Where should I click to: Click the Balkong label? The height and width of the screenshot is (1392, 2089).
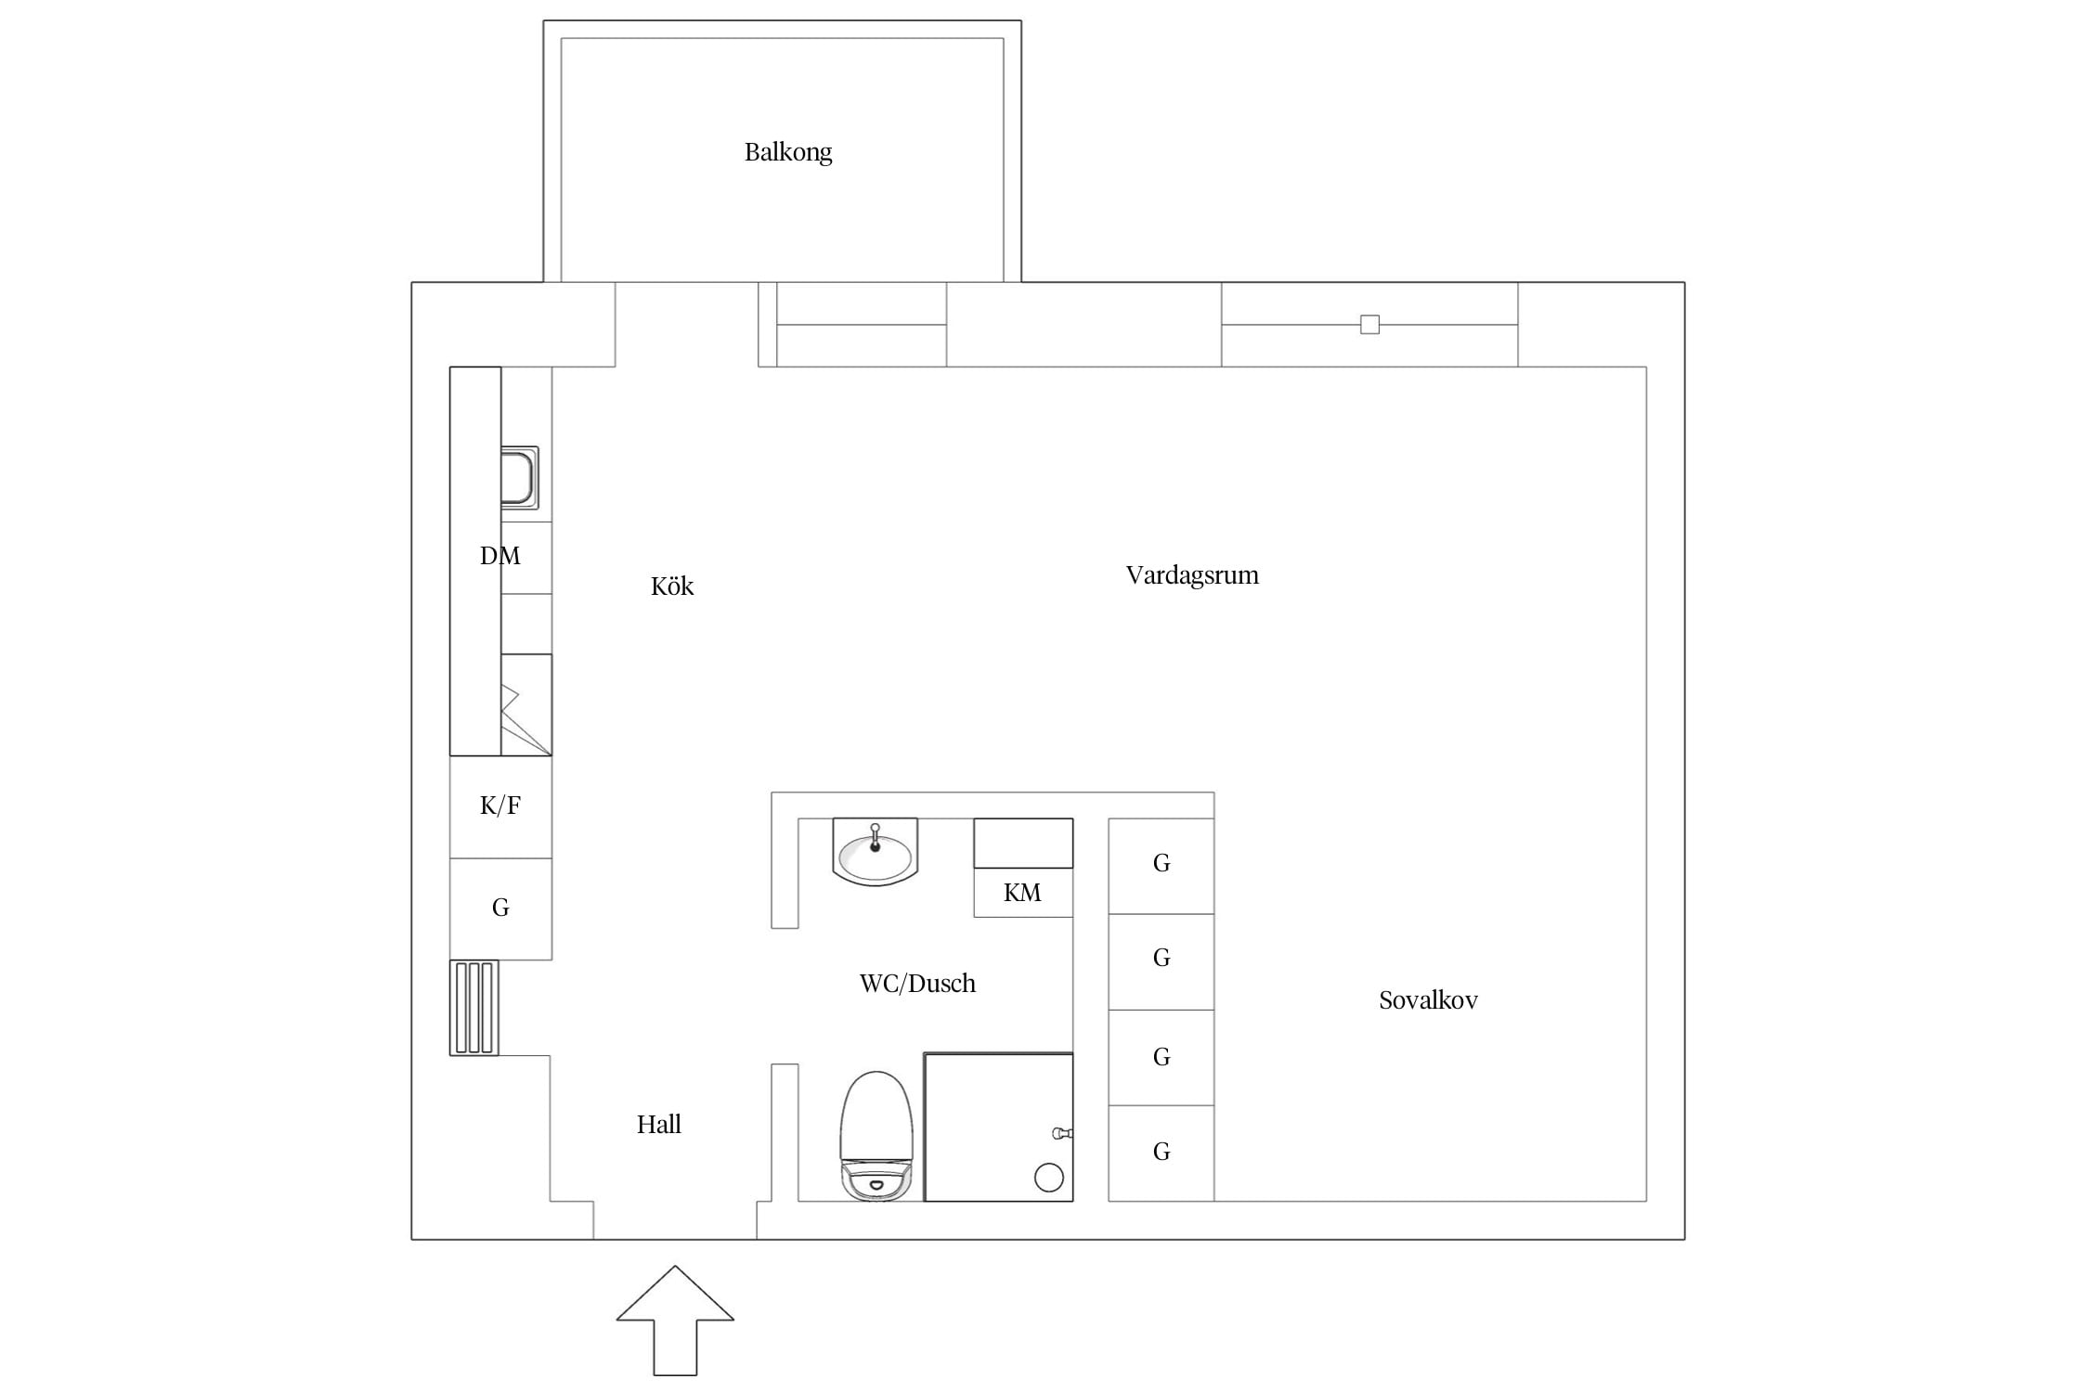(x=788, y=152)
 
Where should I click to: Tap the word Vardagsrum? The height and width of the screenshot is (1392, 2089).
(x=1192, y=575)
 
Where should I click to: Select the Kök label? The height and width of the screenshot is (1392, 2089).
(x=672, y=586)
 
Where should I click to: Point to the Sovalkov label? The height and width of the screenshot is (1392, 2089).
(x=1428, y=1000)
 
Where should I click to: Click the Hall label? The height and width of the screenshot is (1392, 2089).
(x=658, y=1125)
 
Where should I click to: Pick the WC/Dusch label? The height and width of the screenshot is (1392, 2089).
(x=917, y=984)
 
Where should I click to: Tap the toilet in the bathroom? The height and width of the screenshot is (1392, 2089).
(x=876, y=1136)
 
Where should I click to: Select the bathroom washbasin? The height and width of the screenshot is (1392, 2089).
(x=875, y=852)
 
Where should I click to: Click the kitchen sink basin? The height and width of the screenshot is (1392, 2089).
(x=519, y=478)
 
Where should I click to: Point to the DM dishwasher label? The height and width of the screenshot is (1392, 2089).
(x=500, y=556)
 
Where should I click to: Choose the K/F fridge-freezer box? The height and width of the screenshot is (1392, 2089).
(x=500, y=806)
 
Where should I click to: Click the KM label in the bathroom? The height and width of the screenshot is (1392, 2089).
(x=1022, y=893)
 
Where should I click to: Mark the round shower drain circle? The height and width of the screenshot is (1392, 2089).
(x=1049, y=1178)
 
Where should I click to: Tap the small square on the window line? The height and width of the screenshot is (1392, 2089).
(x=1369, y=325)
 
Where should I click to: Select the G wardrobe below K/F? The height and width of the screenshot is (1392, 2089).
(x=500, y=909)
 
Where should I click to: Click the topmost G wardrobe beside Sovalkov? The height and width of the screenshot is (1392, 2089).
(x=1161, y=866)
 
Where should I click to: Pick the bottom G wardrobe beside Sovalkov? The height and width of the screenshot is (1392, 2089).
(x=1161, y=1153)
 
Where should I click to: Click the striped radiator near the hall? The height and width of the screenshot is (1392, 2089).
(x=474, y=1008)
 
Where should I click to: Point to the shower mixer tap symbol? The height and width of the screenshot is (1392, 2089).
(x=1062, y=1133)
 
